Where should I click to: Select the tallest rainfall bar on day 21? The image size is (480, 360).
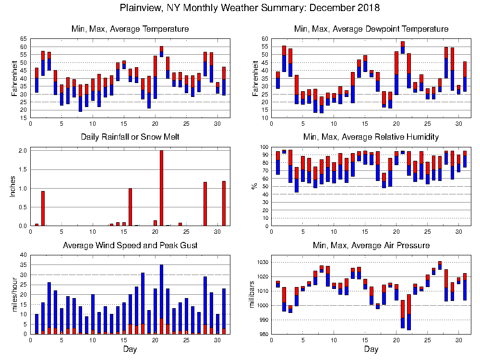pos(161,188)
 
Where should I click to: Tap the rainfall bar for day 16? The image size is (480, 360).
pos(130,207)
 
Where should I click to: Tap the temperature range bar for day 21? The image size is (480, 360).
pos(161,51)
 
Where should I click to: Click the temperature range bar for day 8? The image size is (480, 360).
pos(80,98)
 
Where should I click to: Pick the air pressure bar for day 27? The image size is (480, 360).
pos(440,265)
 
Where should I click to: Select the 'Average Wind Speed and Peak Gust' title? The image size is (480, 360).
pos(131,245)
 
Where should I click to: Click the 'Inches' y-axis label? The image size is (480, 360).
pos(13,188)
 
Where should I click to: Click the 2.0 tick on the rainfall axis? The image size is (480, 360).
pos(22,150)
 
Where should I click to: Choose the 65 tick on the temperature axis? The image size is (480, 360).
pos(23,38)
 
